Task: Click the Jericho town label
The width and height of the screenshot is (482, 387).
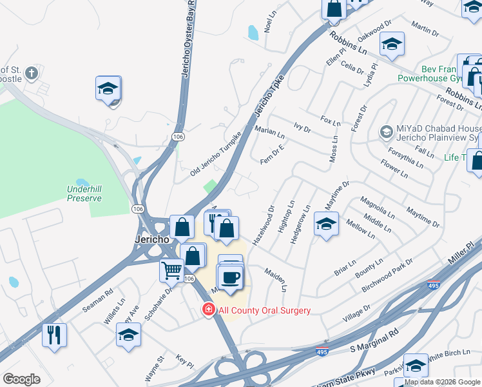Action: click(x=152, y=239)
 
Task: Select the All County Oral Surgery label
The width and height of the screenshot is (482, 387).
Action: click(x=264, y=310)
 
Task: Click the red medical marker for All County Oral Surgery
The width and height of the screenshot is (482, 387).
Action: click(x=208, y=310)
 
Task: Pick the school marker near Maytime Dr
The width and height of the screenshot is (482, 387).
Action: click(x=326, y=224)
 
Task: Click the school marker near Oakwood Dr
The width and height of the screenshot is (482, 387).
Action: click(x=392, y=45)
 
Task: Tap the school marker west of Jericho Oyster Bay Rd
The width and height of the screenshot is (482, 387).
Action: click(x=108, y=88)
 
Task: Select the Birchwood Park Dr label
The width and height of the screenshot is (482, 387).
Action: click(x=389, y=273)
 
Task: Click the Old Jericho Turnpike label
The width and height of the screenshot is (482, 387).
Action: click(x=215, y=155)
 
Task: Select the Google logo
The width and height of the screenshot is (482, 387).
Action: click(x=22, y=379)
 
